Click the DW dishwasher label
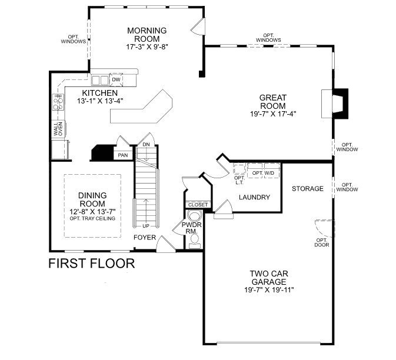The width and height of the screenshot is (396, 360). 117,79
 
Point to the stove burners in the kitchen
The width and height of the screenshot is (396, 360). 59,103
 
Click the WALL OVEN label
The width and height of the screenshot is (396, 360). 59,129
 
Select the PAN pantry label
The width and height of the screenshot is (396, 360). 123,155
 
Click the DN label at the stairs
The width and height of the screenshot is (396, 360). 146,146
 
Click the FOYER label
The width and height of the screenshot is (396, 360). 145,238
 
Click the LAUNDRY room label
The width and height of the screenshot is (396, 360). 254,197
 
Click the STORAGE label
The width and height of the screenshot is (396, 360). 308,189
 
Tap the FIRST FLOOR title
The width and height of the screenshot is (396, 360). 91,263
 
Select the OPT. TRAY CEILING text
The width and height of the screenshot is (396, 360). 92,219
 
